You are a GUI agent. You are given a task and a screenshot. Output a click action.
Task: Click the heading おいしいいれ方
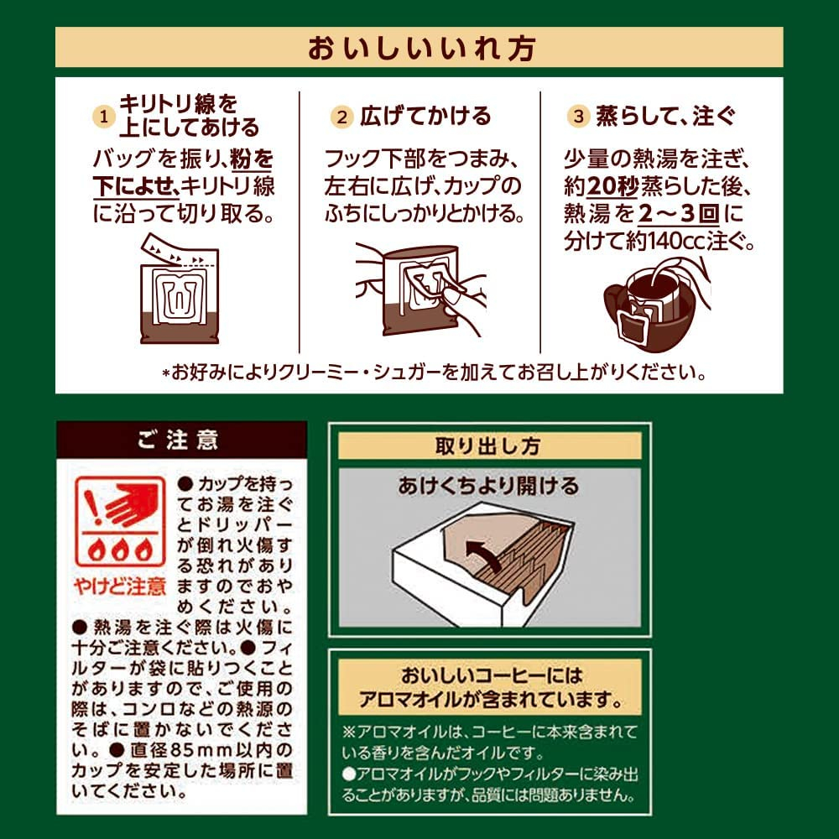click(x=421, y=48)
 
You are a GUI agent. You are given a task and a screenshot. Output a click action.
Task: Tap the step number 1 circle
click(x=104, y=116)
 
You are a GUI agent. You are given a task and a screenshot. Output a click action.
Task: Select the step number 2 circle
click(x=342, y=117)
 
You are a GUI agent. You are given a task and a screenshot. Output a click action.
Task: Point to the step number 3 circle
click(x=578, y=116)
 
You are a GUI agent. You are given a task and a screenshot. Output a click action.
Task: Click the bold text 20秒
click(x=612, y=187)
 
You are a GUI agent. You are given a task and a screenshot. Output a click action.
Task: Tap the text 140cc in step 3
click(x=675, y=242)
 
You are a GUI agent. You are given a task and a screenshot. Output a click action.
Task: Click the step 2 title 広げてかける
click(x=425, y=116)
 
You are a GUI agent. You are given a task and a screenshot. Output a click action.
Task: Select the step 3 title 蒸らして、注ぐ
click(x=666, y=116)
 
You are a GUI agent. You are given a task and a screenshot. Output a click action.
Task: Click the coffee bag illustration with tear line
click(x=180, y=288)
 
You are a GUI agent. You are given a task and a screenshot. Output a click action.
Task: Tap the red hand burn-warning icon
click(x=119, y=522)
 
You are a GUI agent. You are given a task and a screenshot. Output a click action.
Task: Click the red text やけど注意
click(x=120, y=586)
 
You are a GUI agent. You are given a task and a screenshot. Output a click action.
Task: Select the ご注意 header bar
click(x=182, y=440)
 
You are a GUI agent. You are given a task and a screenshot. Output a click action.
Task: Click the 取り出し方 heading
click(x=489, y=446)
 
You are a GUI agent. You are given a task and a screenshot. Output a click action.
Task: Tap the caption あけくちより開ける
click(x=488, y=485)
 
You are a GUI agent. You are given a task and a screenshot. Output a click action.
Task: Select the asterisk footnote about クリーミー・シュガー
click(x=435, y=373)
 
